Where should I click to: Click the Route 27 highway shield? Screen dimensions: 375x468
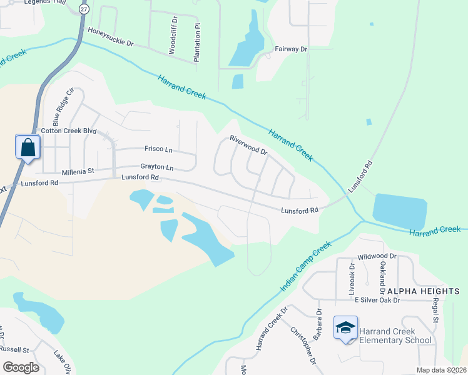84,9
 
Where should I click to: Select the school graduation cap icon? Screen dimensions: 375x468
346,328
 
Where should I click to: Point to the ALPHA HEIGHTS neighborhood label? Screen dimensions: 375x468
422,291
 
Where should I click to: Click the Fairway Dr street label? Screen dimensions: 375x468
291,48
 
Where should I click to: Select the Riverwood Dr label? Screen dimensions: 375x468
248,145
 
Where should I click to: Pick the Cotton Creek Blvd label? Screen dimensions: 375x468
69,131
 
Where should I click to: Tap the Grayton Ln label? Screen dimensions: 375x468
156,167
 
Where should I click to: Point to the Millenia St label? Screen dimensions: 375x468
77,171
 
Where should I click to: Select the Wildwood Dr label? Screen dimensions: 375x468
377,256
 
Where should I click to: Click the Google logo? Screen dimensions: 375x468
21,367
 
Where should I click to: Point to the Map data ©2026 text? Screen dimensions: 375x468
440,370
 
